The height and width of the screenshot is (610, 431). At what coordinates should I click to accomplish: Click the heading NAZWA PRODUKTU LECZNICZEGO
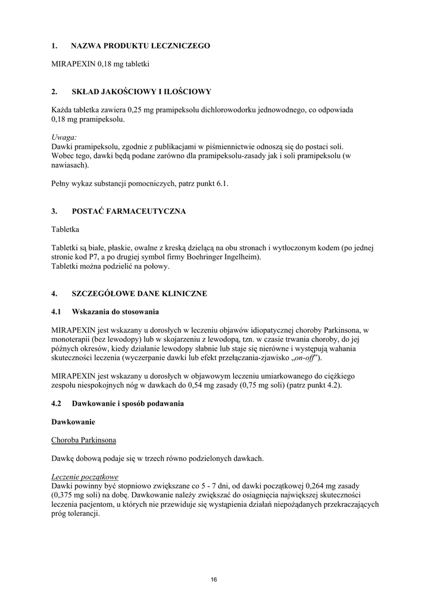140,46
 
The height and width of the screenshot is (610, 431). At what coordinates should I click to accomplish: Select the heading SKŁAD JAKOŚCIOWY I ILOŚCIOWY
141,92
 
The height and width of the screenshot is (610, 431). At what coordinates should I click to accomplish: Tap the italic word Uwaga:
64,137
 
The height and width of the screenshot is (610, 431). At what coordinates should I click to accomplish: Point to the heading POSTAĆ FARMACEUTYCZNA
129,211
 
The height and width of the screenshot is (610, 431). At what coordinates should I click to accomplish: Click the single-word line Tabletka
65,229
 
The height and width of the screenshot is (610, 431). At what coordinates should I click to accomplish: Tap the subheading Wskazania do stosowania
115,312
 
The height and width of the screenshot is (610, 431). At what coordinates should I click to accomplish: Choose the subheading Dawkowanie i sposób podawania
127,404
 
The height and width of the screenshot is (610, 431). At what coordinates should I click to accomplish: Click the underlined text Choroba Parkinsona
84,440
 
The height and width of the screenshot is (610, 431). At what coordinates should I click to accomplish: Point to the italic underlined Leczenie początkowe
85,477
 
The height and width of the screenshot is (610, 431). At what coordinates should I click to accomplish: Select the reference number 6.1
222,184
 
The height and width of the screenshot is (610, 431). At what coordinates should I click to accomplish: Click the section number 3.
54,211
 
